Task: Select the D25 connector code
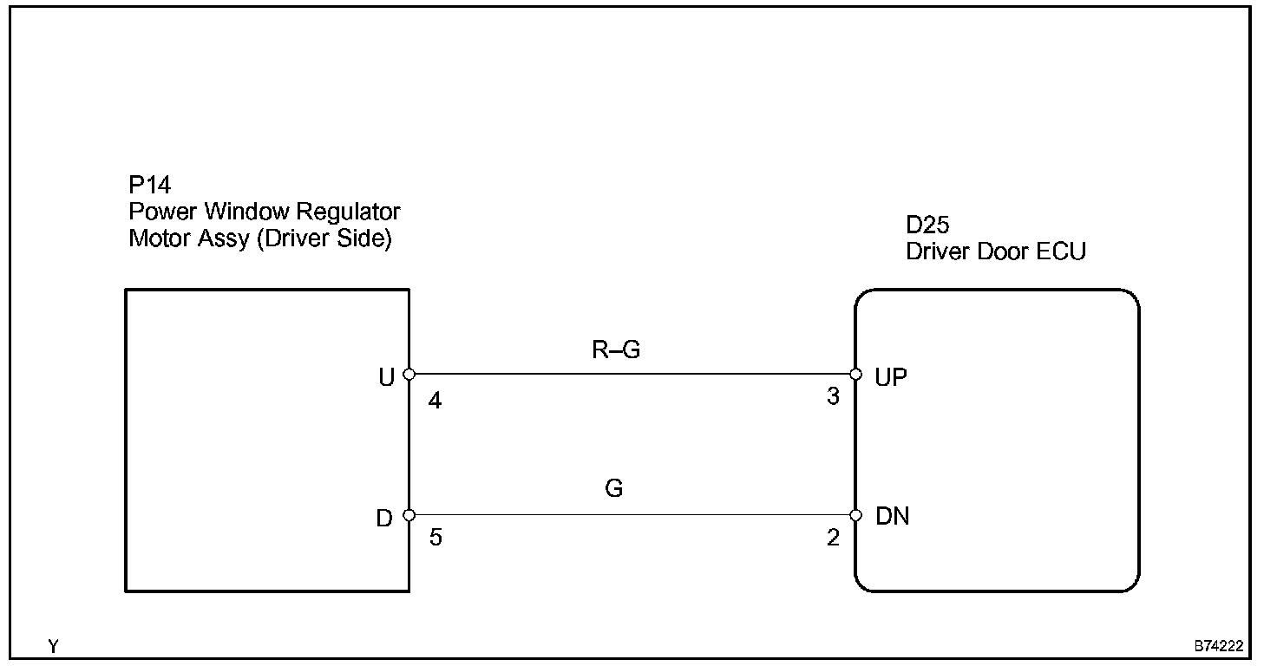(x=927, y=226)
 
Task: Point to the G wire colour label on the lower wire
(x=613, y=488)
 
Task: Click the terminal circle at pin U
(x=409, y=375)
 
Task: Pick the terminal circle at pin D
(x=409, y=515)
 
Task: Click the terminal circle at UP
(x=855, y=375)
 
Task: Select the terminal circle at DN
(x=855, y=515)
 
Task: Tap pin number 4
(x=435, y=402)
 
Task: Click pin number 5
(x=435, y=539)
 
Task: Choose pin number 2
(x=833, y=539)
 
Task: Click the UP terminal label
(x=892, y=379)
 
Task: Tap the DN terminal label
(x=893, y=518)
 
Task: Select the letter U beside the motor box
(x=387, y=377)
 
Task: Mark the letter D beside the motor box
(x=384, y=518)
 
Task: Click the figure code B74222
(x=1219, y=647)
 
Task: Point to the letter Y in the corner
(x=54, y=647)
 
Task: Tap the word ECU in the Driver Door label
(x=1062, y=252)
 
